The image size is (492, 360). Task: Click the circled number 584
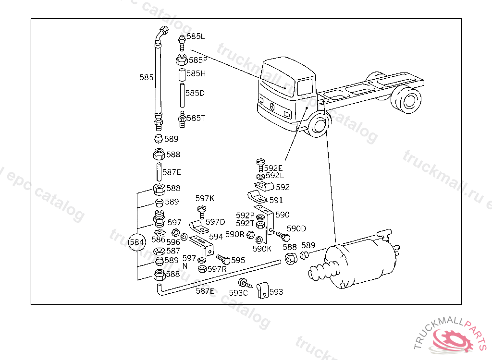137,242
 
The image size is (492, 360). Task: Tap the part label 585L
196,36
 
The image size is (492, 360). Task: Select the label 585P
198,60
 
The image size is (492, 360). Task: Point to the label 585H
196,73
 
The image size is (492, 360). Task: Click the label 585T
196,118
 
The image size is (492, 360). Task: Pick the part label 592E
273,168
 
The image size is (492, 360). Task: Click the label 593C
238,293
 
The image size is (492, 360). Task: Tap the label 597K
205,198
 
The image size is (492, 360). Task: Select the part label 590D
296,228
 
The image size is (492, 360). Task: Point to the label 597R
217,269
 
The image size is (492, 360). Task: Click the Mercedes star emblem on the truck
272,107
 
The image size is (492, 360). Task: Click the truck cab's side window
305,87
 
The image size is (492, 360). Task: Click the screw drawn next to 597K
201,212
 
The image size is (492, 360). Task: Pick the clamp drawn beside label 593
263,291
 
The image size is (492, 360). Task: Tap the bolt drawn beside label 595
223,259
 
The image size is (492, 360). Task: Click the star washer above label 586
160,233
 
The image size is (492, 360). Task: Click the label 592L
275,176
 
